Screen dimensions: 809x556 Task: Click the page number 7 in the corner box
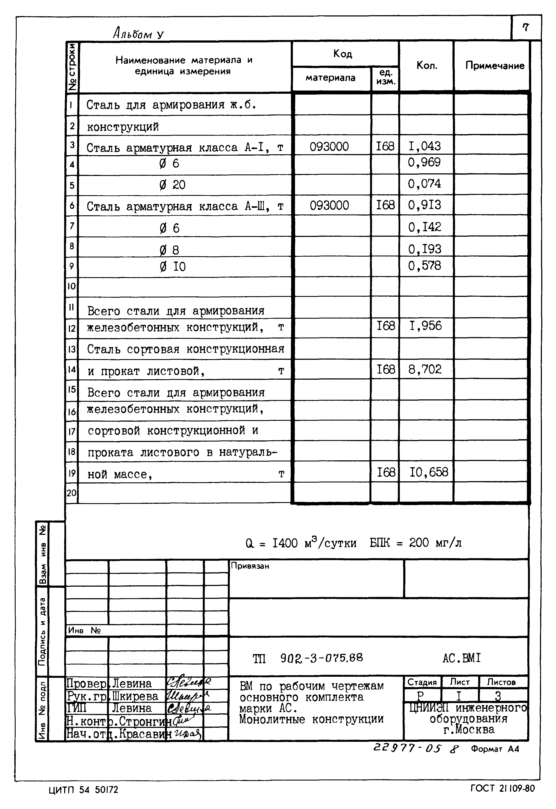coord(526,27)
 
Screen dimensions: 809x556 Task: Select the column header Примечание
coord(495,65)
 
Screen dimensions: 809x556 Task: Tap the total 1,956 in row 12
coord(425,326)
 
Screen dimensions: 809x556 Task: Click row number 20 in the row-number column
coord(71,493)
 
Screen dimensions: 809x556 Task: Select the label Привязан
coord(250,566)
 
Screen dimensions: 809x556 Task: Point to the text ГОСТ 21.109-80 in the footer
coord(502,788)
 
